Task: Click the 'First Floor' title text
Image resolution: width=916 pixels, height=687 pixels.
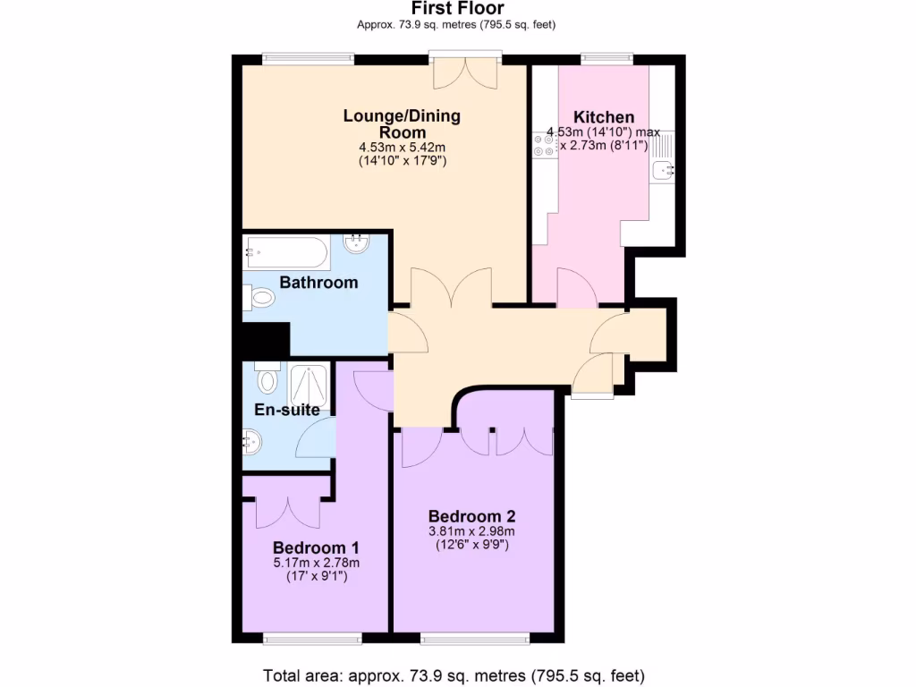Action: pos(457,9)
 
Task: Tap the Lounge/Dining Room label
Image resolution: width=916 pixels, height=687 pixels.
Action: pos(402,123)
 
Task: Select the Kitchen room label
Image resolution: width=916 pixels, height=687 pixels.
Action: pos(604,117)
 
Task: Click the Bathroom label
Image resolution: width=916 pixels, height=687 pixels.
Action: pos(318,283)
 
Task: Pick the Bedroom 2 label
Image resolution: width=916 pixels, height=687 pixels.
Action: pos(471,516)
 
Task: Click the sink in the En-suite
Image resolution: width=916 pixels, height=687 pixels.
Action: pos(253,440)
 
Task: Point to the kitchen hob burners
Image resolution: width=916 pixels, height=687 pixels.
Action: pos(544,145)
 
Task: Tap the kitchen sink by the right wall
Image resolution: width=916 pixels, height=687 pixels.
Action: pos(662,167)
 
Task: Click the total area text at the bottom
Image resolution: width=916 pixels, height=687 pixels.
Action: pos(454,674)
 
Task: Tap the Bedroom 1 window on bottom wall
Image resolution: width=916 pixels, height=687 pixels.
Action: pos(312,638)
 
